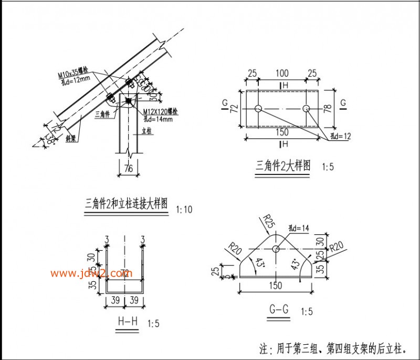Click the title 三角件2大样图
click(x=282, y=166)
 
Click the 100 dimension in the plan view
click(x=282, y=73)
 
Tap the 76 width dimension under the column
click(x=128, y=168)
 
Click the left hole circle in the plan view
click(x=258, y=109)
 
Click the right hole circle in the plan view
click(x=307, y=109)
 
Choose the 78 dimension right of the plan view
click(x=329, y=109)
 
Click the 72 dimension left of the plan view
click(x=235, y=109)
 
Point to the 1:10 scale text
click(x=185, y=209)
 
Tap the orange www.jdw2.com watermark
click(x=92, y=273)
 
